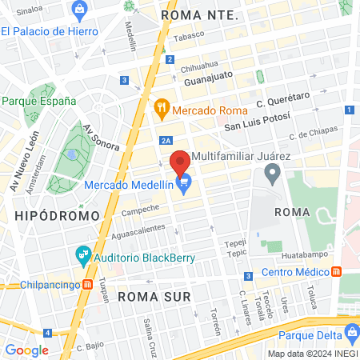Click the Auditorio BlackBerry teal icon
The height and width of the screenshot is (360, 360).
83,256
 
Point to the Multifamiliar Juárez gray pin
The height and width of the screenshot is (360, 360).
273,171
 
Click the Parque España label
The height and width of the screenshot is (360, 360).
38,101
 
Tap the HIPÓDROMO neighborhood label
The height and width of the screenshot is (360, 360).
57,215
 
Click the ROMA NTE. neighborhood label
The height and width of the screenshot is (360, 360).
199,14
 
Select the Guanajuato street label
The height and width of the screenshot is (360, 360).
208,80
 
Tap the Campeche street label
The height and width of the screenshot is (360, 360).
140,211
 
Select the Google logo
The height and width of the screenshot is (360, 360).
26,350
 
